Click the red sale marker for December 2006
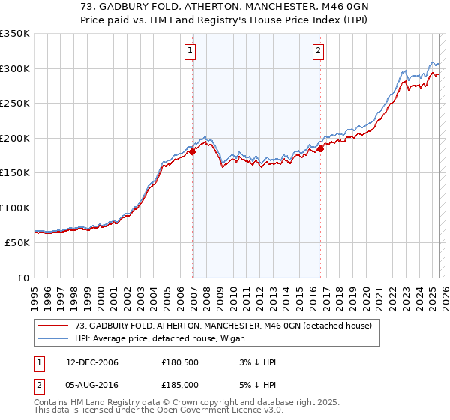click(193, 151)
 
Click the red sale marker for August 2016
click(320, 148)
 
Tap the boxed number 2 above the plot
click(318, 51)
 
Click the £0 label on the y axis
click(22, 277)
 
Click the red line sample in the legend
click(53, 325)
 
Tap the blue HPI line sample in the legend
click(53, 338)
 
